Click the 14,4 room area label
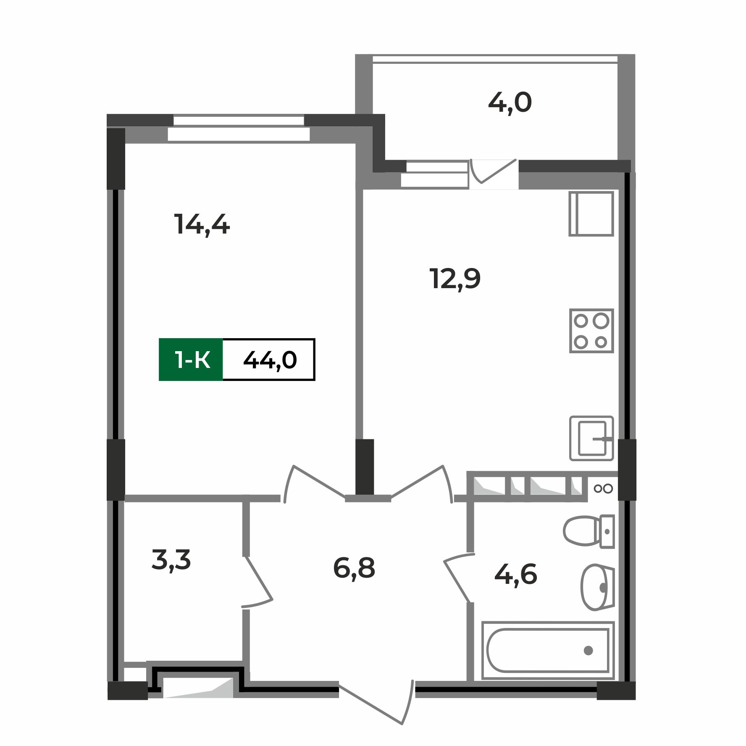(202, 225)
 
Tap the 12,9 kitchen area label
(455, 279)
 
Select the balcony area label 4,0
(510, 103)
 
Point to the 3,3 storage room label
(171, 560)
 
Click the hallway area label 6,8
(354, 568)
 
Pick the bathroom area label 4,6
(515, 575)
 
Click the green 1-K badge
(191, 360)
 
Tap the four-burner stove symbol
(591, 331)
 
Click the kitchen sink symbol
(591, 439)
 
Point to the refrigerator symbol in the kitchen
(591, 214)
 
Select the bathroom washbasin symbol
(596, 587)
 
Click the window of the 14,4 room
(239, 128)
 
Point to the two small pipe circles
(603, 489)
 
